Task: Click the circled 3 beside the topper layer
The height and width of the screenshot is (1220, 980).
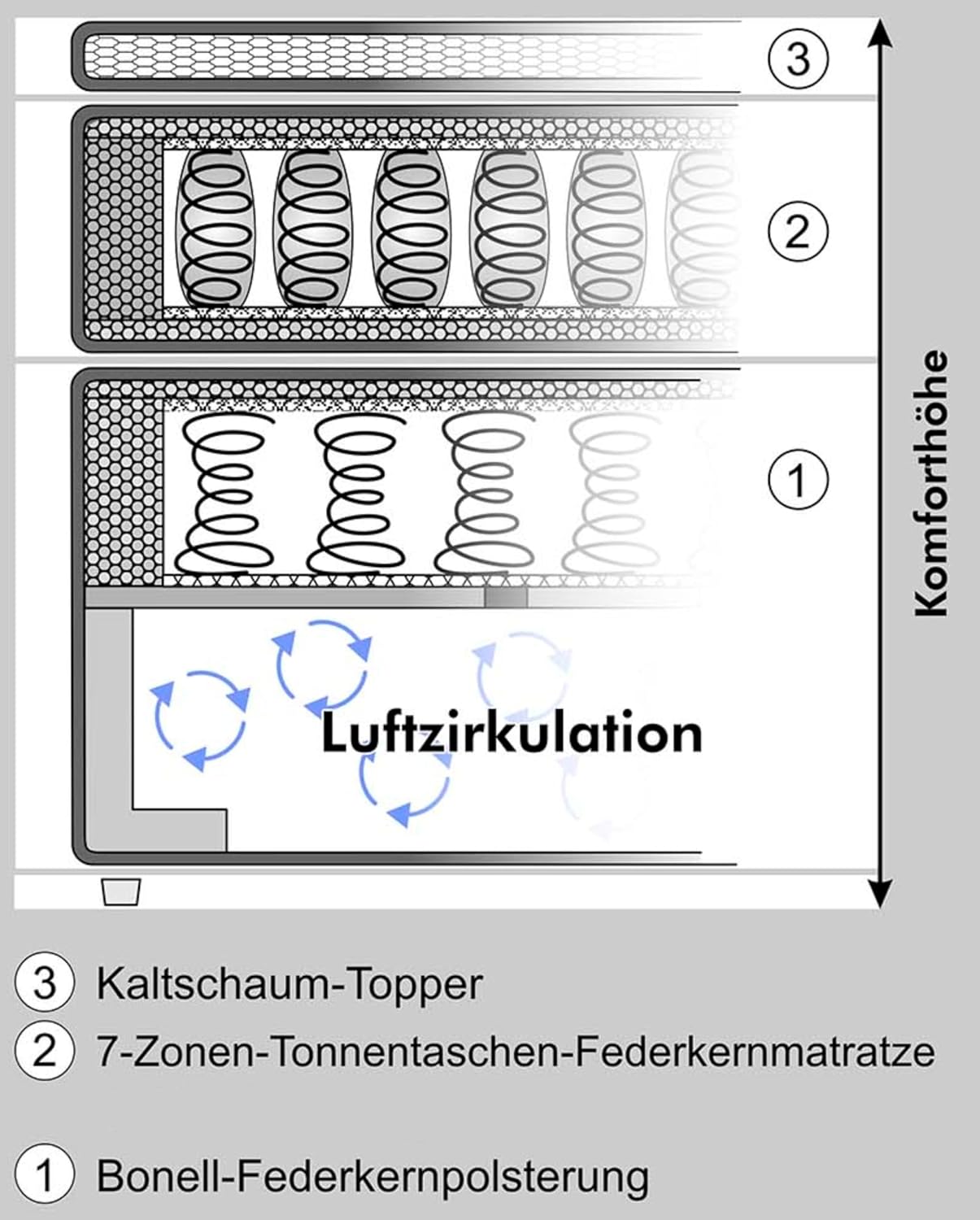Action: point(798,59)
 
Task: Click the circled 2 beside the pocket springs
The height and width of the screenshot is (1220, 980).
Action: point(798,231)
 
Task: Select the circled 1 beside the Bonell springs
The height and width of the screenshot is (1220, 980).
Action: point(798,479)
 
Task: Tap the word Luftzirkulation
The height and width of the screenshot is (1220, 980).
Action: point(512,733)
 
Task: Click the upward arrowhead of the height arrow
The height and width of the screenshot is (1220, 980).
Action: point(879,34)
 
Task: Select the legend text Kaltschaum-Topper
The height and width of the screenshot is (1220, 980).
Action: point(290,984)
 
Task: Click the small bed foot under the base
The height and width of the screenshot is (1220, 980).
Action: point(120,891)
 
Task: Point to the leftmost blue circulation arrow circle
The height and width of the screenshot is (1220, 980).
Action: point(199,719)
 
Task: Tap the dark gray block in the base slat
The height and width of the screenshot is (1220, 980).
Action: point(506,598)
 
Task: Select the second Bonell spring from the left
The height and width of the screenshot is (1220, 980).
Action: point(357,492)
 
